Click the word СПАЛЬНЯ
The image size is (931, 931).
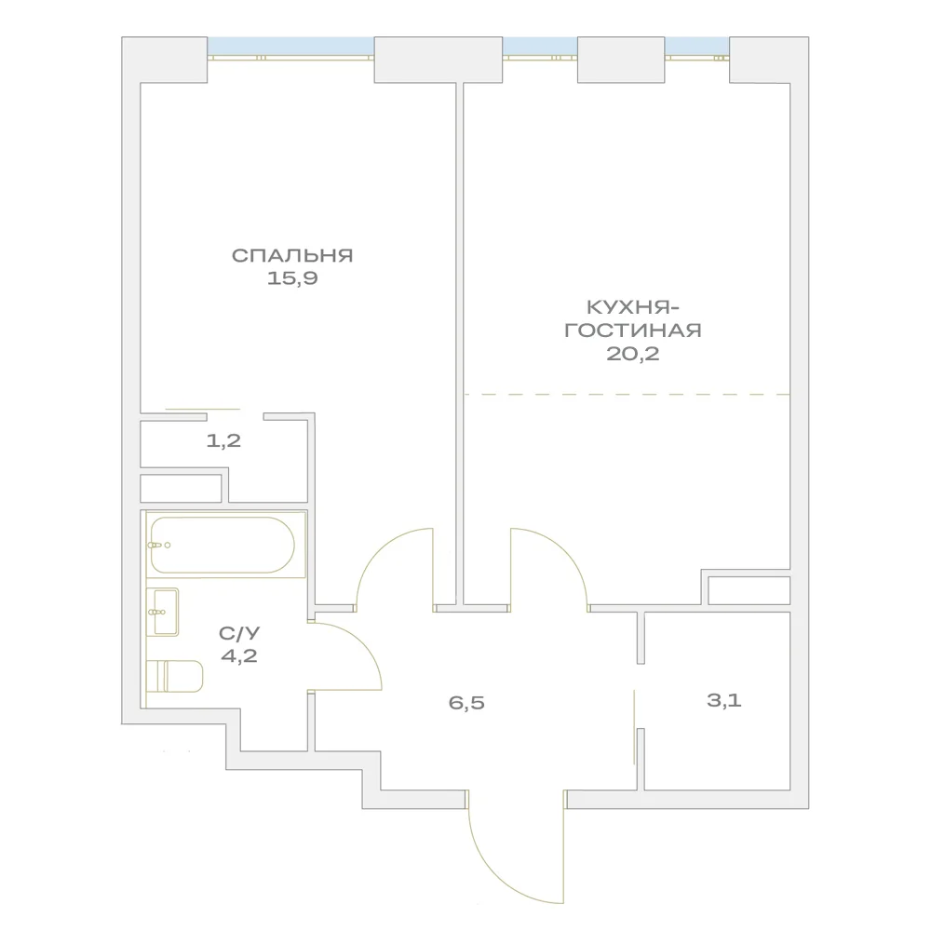(292, 256)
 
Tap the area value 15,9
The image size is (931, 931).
(292, 277)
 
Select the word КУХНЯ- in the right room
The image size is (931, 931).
(633, 307)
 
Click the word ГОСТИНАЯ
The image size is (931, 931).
(633, 331)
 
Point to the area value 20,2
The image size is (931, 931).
(633, 354)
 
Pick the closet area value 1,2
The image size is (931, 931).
(223, 440)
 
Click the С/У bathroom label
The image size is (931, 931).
(239, 633)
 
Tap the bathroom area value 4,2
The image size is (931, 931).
(239, 656)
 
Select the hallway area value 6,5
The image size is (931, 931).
(466, 703)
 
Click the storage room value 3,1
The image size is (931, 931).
(724, 701)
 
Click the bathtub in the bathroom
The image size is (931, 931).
(223, 545)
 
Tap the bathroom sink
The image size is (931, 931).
(163, 613)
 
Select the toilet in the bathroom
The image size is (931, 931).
(175, 676)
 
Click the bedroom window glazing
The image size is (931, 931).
(290, 47)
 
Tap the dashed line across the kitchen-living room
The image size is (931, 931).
(627, 394)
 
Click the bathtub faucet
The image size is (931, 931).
(159, 545)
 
